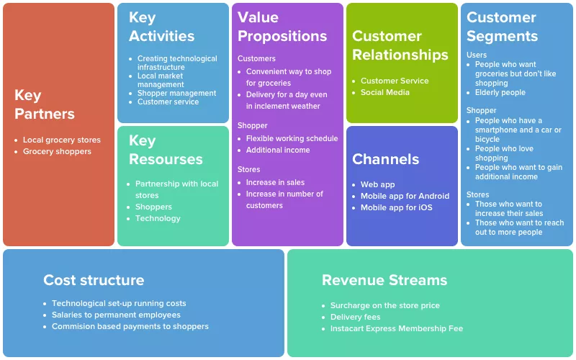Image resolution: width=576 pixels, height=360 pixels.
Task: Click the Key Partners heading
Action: pos(45,104)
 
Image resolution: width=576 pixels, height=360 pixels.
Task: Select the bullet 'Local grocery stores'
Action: pos(62,140)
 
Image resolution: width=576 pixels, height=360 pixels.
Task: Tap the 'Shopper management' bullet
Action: pos(176,94)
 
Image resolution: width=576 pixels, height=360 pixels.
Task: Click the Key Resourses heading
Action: pos(166,150)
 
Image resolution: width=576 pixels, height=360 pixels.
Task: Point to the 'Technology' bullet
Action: pos(158,219)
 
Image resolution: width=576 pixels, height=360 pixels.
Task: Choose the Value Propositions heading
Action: pos(282,27)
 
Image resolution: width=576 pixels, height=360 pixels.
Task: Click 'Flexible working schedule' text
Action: pos(292,138)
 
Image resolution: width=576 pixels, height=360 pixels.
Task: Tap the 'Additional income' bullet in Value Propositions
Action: pos(278,150)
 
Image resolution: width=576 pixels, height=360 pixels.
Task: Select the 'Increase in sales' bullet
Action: pos(275,183)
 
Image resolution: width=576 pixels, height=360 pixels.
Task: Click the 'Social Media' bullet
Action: pos(385,92)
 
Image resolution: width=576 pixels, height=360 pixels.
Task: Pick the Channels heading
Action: pos(385,159)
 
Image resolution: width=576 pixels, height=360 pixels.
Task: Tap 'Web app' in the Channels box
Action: pos(377,185)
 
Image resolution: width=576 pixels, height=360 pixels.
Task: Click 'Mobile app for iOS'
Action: pos(397,207)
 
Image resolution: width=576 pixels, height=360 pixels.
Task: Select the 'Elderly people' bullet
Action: pos(500,93)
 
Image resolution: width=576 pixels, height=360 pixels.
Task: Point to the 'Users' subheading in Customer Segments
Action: pos(477,55)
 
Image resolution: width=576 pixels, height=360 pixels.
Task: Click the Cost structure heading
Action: pos(94,280)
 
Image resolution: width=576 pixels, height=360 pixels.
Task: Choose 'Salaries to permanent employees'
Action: pos(116,315)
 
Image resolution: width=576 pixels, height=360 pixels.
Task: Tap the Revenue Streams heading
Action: pos(384,280)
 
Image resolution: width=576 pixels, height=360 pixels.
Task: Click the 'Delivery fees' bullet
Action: pos(355,317)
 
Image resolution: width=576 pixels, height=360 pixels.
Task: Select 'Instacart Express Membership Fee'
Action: pos(397,328)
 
